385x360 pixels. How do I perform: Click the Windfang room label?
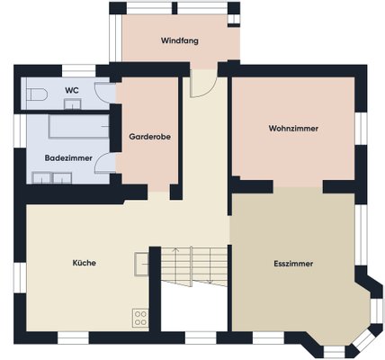pos(180,40)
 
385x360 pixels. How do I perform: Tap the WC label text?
pos(72,90)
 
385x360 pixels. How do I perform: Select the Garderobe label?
pos(150,137)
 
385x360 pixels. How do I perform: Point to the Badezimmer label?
pos(68,158)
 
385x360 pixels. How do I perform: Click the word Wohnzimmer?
pos(293,129)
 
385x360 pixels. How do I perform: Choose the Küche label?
pos(85,263)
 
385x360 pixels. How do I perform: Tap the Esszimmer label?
pos(293,264)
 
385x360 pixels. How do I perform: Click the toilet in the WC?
pos(37,94)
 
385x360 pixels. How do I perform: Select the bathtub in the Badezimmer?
pos(78,126)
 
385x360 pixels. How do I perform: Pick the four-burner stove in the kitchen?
pos(140,318)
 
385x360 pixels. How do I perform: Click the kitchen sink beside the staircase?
pos(141,264)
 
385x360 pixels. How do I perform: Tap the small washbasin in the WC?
pos(72,104)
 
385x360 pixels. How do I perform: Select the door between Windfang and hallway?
pos(202,84)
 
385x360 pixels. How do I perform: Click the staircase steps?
pos(194,266)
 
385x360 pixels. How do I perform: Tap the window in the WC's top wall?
pos(78,71)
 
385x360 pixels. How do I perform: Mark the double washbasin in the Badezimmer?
pos(52,177)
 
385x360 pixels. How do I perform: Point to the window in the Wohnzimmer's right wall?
pos(361,129)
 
